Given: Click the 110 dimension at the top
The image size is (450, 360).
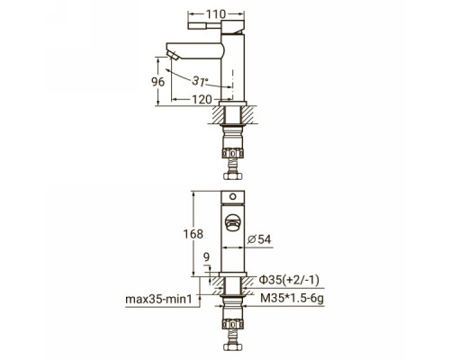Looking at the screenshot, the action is point(216,13).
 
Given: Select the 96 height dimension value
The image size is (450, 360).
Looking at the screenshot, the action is point(158,82).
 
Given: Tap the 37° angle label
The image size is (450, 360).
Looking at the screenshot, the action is point(200,81).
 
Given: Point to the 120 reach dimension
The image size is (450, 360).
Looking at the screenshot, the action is point(202,99).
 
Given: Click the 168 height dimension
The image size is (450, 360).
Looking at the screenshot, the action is point(193,234).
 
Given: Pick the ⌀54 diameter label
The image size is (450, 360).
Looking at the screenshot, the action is point(260,239).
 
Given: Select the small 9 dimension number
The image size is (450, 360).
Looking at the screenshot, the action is point(206,257).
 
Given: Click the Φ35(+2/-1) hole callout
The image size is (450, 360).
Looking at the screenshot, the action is point(289,280).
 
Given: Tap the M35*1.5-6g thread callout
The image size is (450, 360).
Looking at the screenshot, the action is point(292,298).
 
